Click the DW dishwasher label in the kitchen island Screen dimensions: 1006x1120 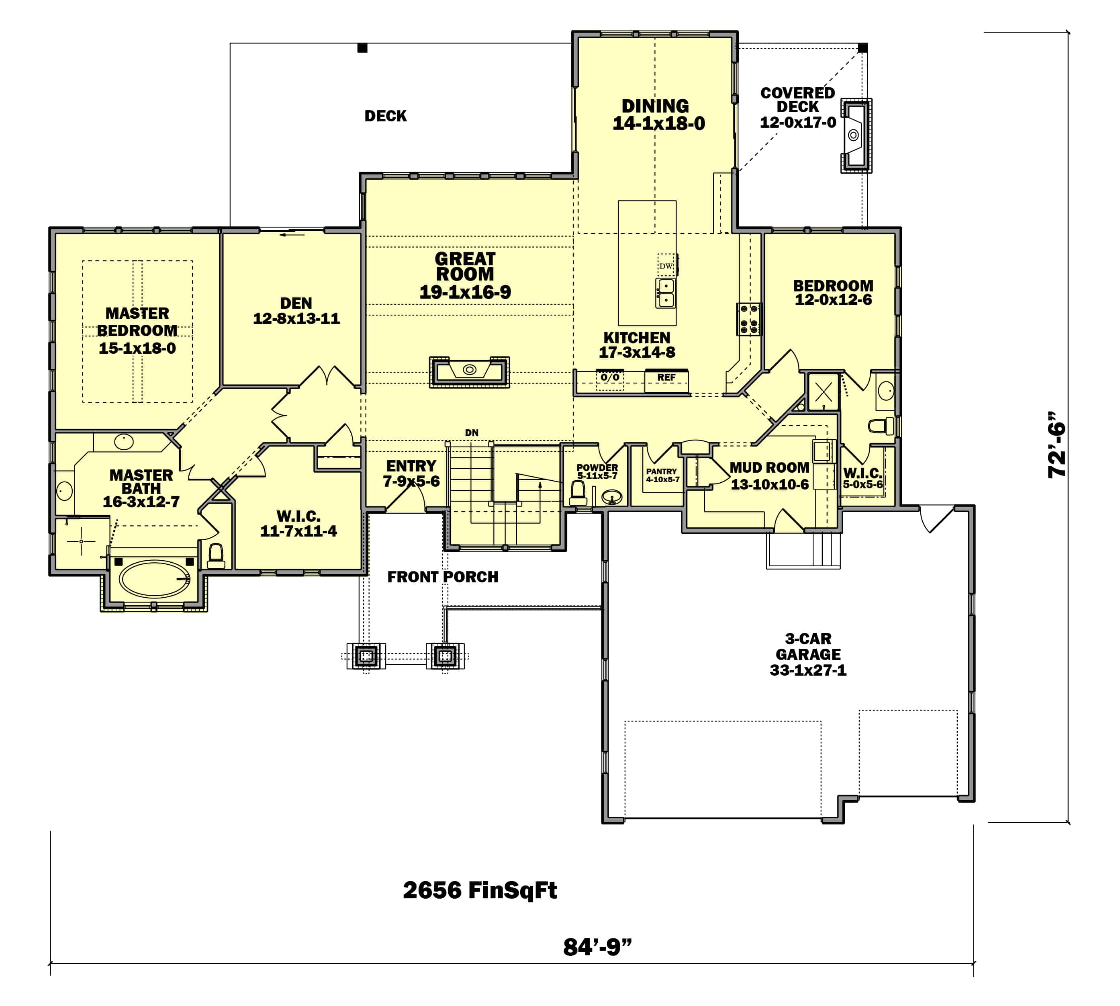[x=666, y=266]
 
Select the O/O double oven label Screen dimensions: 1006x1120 [x=610, y=377]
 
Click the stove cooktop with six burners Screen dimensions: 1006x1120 [x=749, y=320]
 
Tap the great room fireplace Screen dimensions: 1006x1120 [x=469, y=371]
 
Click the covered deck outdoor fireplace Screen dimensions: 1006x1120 [x=855, y=135]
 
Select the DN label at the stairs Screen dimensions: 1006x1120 [x=471, y=433]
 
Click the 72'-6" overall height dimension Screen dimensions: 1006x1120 [x=1057, y=445]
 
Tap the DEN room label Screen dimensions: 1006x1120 [x=296, y=303]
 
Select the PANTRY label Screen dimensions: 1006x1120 [x=661, y=471]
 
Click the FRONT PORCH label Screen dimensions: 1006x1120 [x=443, y=577]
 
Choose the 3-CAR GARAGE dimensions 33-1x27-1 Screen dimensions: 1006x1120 [x=808, y=670]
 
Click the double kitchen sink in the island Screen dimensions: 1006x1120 [x=665, y=293]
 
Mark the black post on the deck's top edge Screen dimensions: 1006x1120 [x=362, y=48]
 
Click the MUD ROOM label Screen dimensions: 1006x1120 [x=769, y=467]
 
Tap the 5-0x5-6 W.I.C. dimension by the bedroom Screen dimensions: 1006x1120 [x=862, y=485]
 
